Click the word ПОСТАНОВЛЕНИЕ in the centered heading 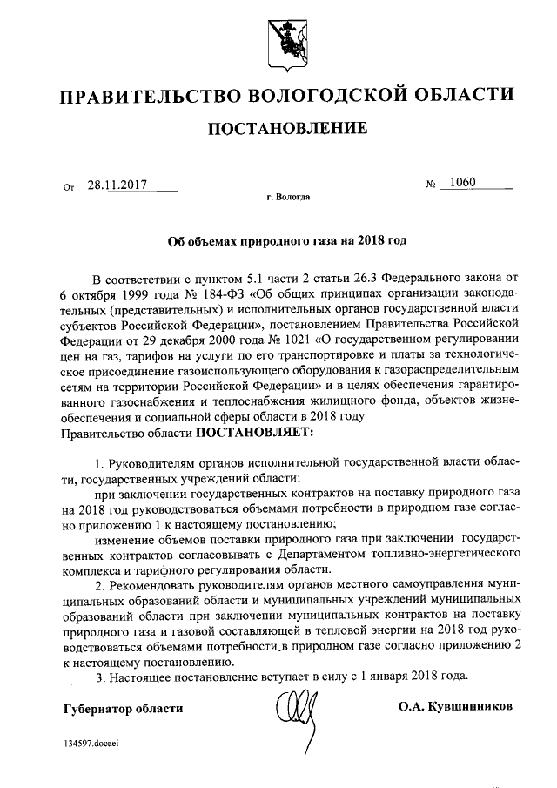point(286,129)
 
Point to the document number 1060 point(459,183)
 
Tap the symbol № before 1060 point(430,185)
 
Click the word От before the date point(70,186)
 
